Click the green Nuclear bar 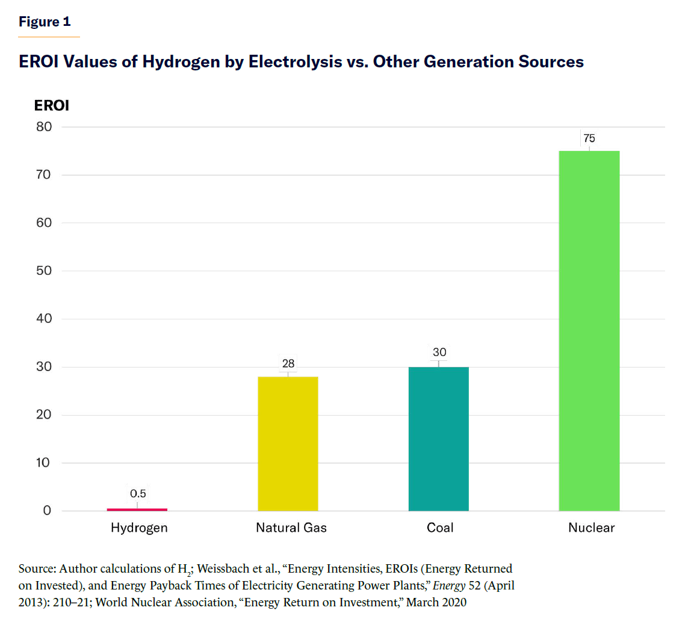[x=589, y=331]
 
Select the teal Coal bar [x=438, y=439]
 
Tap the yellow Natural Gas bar [x=288, y=443]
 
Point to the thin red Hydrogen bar [x=137, y=509]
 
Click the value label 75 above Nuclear [x=589, y=138]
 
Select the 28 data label [x=288, y=363]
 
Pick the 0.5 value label [x=138, y=494]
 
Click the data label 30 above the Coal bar [x=439, y=352]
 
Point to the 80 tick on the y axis [x=44, y=127]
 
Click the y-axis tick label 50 [x=44, y=271]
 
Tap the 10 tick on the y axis [x=43, y=463]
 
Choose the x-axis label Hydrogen [x=139, y=528]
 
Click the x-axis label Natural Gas [x=291, y=528]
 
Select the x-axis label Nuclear [x=591, y=528]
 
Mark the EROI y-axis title [x=52, y=105]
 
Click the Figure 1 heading [x=45, y=22]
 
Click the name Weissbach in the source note [x=224, y=568]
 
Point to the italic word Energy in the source [x=449, y=585]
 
